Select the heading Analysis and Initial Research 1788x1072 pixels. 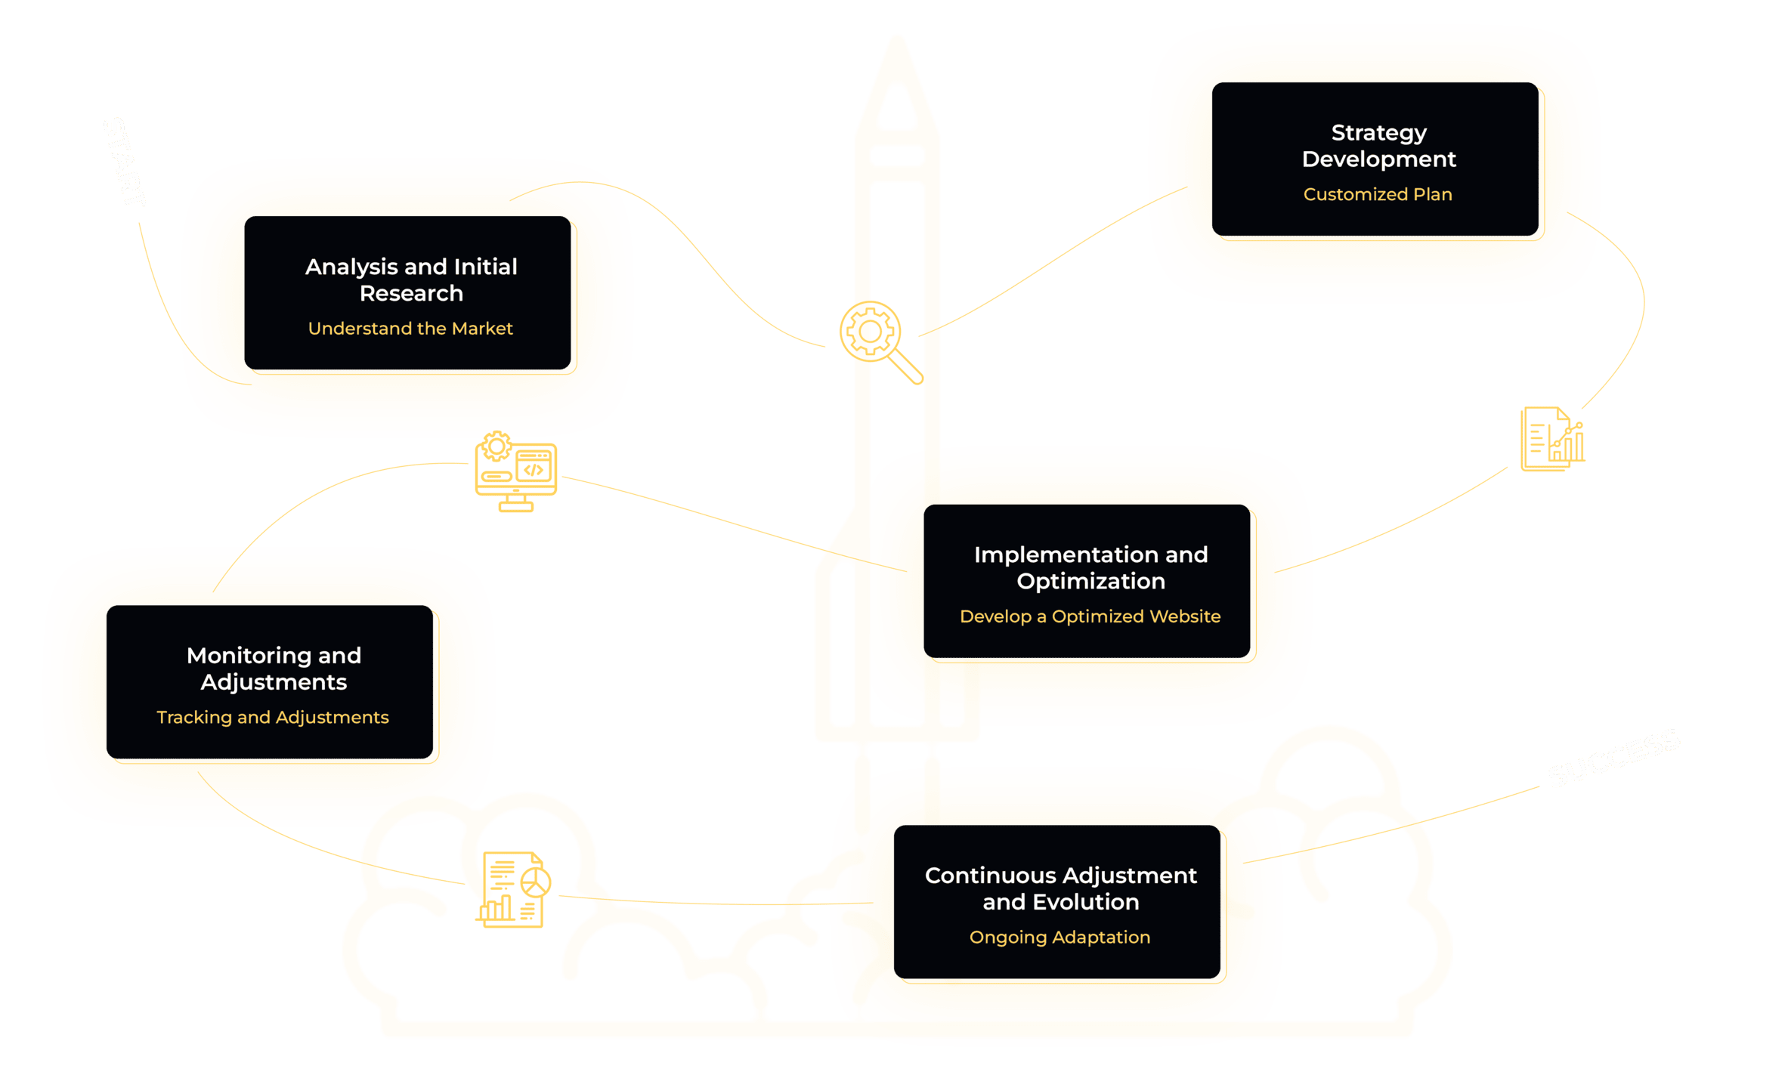click(411, 280)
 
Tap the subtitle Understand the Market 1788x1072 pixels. click(410, 329)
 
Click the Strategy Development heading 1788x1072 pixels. click(1378, 146)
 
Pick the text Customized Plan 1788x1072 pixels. click(1378, 194)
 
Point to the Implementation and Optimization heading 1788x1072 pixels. click(1090, 567)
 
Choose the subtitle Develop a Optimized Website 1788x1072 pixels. click(1090, 616)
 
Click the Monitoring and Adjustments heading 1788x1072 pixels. click(274, 669)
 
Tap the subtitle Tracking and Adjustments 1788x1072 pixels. click(272, 717)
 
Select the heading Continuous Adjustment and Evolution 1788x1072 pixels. click(1060, 888)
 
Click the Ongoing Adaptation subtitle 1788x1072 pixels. click(1059, 938)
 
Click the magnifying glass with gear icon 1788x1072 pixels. click(877, 337)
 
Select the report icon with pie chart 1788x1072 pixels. click(514, 890)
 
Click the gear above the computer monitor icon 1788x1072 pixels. click(496, 446)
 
